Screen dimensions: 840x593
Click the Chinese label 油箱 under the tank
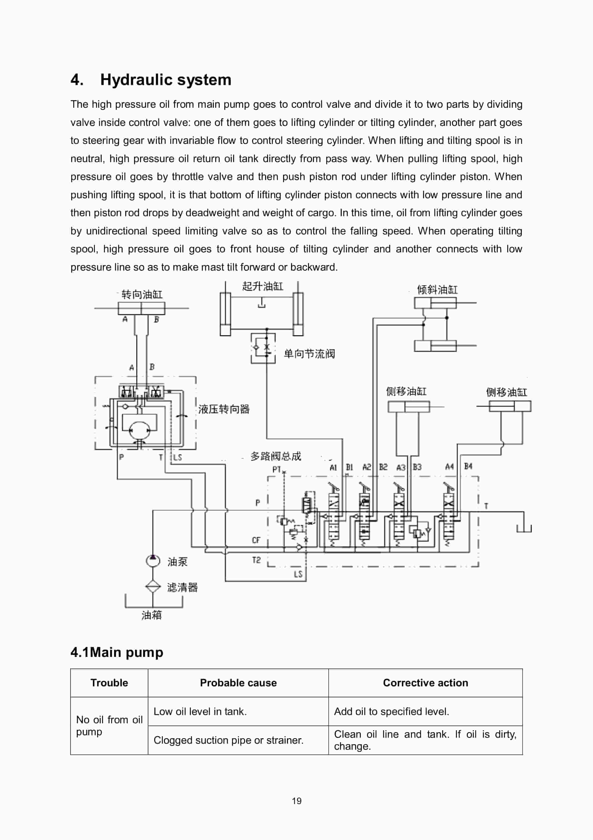[x=151, y=615]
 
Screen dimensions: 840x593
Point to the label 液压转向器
[x=224, y=409]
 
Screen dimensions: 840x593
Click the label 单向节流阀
[x=309, y=354]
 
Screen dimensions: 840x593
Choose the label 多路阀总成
[x=276, y=456]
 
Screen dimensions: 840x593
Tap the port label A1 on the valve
[x=333, y=467]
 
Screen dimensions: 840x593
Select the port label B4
[x=468, y=466]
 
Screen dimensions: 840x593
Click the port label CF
[x=256, y=540]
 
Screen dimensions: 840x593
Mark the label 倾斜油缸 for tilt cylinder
[x=437, y=290]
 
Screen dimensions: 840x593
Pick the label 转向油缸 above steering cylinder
[x=142, y=295]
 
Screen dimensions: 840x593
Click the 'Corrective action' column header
[x=425, y=683]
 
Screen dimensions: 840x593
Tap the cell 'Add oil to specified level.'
[x=391, y=711]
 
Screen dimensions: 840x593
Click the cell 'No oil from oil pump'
[x=109, y=726]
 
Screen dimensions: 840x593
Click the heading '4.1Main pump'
[x=117, y=652]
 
